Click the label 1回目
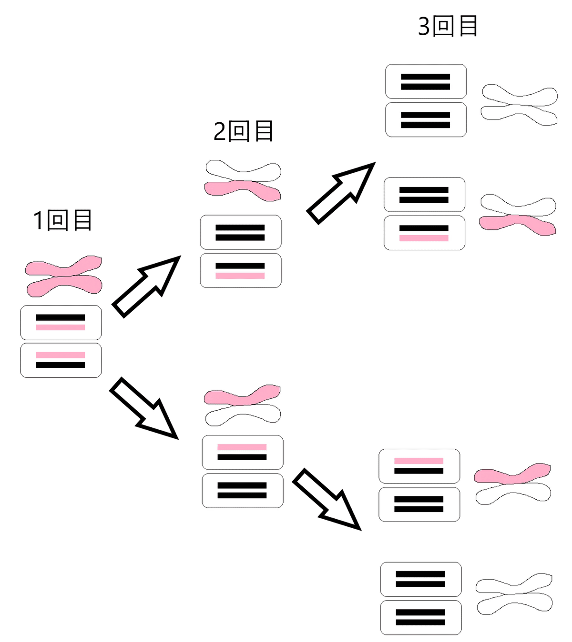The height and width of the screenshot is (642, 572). pyautogui.click(x=62, y=220)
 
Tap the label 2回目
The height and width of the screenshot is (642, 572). pyautogui.click(x=243, y=131)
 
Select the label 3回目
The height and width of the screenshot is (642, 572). pyautogui.click(x=448, y=26)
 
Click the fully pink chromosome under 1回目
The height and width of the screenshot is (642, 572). pyautogui.click(x=63, y=276)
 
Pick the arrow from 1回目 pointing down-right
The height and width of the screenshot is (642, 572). pyautogui.click(x=144, y=408)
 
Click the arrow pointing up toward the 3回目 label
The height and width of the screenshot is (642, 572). pyautogui.click(x=341, y=193)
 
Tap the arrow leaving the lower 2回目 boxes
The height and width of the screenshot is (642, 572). pyautogui.click(x=327, y=499)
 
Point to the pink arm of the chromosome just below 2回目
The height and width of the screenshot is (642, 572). pyautogui.click(x=243, y=190)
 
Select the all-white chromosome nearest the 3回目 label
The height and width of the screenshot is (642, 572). pyautogui.click(x=519, y=105)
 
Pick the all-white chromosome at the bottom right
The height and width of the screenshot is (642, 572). pyautogui.click(x=514, y=593)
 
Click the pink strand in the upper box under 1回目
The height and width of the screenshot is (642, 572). pyautogui.click(x=61, y=327)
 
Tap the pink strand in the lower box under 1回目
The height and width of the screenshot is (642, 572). pyautogui.click(x=61, y=355)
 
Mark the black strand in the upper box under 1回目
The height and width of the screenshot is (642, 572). pyautogui.click(x=61, y=317)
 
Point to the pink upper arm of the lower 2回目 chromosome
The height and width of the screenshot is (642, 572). pyautogui.click(x=242, y=395)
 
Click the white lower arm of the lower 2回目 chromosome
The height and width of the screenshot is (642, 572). pyautogui.click(x=243, y=415)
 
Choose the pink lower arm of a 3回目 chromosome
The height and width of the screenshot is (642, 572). pyautogui.click(x=517, y=225)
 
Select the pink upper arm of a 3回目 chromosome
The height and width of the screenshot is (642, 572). pyautogui.click(x=512, y=474)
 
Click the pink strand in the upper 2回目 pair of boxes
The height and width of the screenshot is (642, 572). pyautogui.click(x=240, y=276)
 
